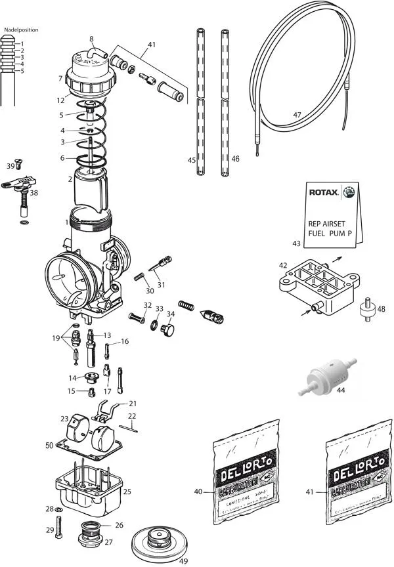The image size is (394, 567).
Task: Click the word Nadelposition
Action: click(21, 30)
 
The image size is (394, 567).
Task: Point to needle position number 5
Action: click(22, 71)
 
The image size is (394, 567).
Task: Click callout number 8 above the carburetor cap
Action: click(91, 39)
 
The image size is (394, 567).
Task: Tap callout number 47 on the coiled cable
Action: click(297, 114)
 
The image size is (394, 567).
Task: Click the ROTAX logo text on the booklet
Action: click(324, 193)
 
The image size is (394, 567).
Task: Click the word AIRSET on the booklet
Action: click(338, 222)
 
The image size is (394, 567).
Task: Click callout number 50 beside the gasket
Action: click(49, 446)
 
